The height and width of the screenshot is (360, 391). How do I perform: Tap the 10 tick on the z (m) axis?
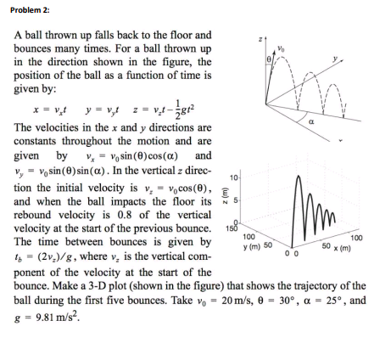[x=233, y=177]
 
